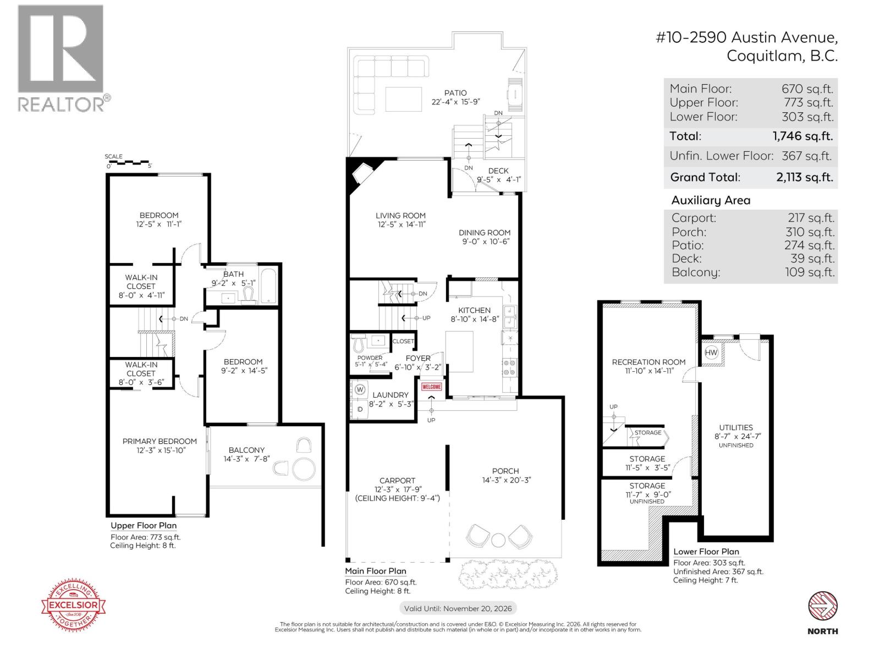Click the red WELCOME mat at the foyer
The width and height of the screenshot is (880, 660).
[x=432, y=387]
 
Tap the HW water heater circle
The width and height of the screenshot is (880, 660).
[x=711, y=353]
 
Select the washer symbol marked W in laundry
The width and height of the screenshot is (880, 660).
[x=360, y=389]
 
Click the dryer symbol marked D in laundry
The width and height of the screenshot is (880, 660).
[x=360, y=409]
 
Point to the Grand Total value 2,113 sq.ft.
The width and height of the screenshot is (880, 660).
[x=807, y=177]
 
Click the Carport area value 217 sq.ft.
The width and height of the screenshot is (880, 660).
[x=811, y=218]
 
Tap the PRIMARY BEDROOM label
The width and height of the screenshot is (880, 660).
[x=159, y=441]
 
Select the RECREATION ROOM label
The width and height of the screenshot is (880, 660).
[x=648, y=362]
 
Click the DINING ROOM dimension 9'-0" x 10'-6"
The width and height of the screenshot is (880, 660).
[x=485, y=241]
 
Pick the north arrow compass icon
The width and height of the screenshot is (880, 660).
[x=822, y=606]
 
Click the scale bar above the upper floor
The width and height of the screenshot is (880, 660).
[x=128, y=163]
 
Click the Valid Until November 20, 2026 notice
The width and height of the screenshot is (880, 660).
[x=458, y=608]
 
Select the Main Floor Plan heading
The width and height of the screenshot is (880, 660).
[x=375, y=571]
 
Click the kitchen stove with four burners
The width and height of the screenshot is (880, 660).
[x=509, y=367]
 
